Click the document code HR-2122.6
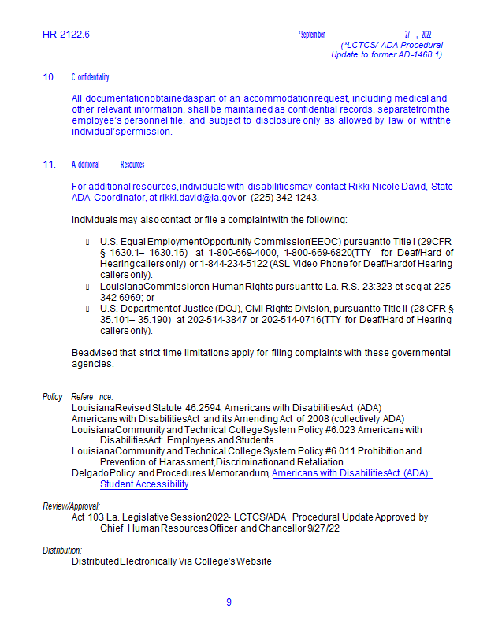[x=66, y=35]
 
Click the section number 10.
[x=49, y=77]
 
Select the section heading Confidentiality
[x=90, y=77]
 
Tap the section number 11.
[x=49, y=165]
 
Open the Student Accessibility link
[x=144, y=484]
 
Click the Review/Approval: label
[x=72, y=506]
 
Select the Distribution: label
[x=62, y=550]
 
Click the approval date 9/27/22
[x=323, y=528]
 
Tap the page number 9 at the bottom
[x=229, y=602]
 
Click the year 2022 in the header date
[x=426, y=35]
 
